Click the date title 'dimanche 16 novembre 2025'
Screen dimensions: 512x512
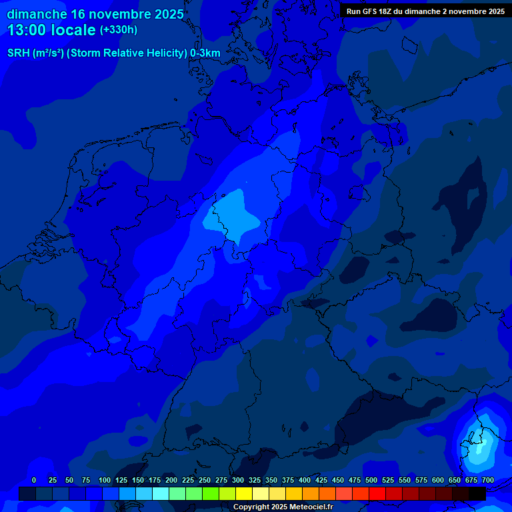[95, 14]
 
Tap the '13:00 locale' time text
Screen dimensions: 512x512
[52, 30]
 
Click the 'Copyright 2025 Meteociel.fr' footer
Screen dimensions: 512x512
[283, 507]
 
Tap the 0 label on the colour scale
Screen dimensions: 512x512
[34, 480]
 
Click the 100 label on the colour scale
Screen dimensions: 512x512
[105, 480]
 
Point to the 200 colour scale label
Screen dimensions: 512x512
[171, 480]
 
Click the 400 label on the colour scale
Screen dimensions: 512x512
[305, 480]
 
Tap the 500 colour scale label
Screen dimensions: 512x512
[371, 480]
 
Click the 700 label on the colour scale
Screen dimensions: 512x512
[488, 480]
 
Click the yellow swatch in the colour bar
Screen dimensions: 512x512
[244, 493]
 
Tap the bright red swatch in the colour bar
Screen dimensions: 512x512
[377, 493]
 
